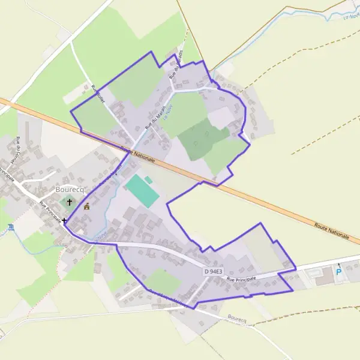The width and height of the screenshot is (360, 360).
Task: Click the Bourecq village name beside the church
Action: (71, 190)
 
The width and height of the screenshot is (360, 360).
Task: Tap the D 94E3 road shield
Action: (213, 272)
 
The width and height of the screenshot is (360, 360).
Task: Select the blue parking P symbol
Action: (338, 272)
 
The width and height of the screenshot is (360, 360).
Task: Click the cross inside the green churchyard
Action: (69, 203)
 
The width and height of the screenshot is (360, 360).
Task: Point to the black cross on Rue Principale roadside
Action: (64, 221)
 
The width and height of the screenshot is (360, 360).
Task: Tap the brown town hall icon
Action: (87, 206)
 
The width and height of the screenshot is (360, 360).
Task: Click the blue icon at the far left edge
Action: (10, 226)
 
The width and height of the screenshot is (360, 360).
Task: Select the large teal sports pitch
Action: (142, 191)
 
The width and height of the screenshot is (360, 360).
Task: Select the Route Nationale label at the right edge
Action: (331, 230)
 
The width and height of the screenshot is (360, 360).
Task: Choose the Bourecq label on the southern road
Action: (238, 320)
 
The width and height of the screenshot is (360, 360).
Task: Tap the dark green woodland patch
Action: (203, 138)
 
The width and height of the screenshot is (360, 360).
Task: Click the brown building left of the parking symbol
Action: (325, 280)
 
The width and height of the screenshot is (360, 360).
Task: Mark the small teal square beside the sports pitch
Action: (148, 179)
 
